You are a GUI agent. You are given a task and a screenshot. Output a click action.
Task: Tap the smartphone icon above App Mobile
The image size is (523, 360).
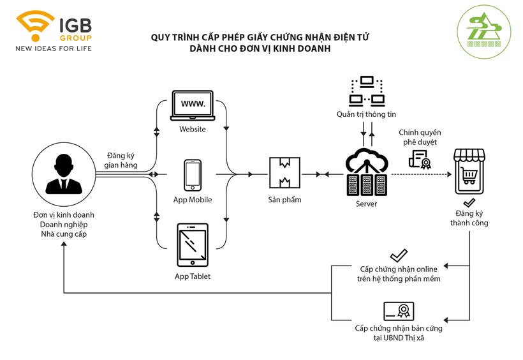click(x=192, y=174)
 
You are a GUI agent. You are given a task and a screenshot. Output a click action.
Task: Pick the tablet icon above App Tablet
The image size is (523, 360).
click(x=192, y=245)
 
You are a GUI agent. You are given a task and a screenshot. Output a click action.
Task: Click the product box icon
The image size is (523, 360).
click(x=284, y=174)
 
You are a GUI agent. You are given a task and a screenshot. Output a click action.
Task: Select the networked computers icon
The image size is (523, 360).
click(x=366, y=91)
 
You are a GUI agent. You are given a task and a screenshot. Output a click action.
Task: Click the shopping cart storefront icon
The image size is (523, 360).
click(x=469, y=172)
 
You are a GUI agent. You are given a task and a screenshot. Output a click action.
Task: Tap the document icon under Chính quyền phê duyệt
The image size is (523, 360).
click(x=420, y=159)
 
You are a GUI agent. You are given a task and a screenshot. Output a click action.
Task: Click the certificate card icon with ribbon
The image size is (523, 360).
click(x=399, y=311)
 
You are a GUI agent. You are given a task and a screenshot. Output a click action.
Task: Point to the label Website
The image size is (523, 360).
click(x=192, y=130)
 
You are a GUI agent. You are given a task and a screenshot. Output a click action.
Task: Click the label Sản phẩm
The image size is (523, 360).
click(x=284, y=200)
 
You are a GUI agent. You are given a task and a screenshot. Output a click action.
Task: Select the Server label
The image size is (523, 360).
click(x=366, y=204)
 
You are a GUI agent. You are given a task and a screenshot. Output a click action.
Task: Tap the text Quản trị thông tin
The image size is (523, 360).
click(x=366, y=114)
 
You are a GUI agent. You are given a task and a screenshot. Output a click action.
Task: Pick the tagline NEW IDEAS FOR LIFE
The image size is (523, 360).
click(x=54, y=49)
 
